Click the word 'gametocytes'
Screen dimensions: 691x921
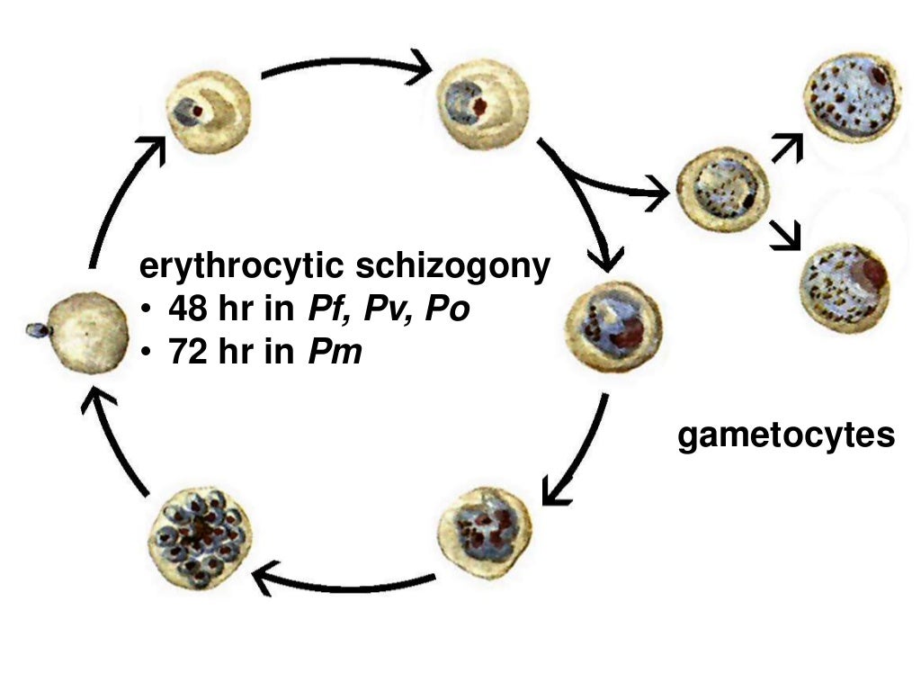pos(786,435)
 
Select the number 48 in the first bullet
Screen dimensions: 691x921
pos(187,310)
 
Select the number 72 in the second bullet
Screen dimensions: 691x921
pos(187,352)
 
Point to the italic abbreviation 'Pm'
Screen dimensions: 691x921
pos(335,352)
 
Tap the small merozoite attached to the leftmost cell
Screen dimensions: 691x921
pos(37,330)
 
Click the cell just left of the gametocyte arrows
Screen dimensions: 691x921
pos(723,192)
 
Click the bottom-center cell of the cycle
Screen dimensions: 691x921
pos(486,531)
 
